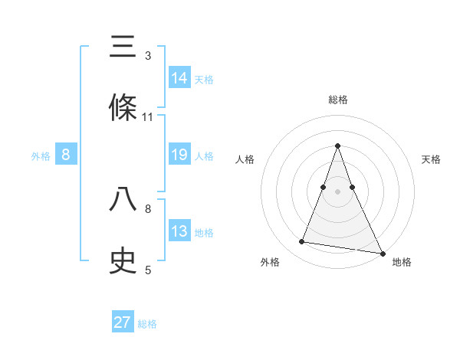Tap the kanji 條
coord(123,109)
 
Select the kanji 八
coord(123,200)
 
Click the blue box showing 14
coord(179,77)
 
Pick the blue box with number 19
coord(179,155)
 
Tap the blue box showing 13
coord(179,231)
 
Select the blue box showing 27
coord(123,322)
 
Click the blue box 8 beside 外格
coord(66,155)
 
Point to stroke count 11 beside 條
coord(148,117)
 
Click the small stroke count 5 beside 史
coord(148,270)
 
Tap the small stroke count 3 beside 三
coord(148,56)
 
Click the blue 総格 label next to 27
coord(147,324)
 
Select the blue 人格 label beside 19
coord(204,156)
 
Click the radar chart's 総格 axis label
coord(338,100)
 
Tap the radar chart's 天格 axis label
coord(432,159)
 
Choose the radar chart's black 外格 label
coord(270,262)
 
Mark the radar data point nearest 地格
coord(382,253)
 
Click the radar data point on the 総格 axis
coord(338,146)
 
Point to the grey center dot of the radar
coord(338,192)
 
